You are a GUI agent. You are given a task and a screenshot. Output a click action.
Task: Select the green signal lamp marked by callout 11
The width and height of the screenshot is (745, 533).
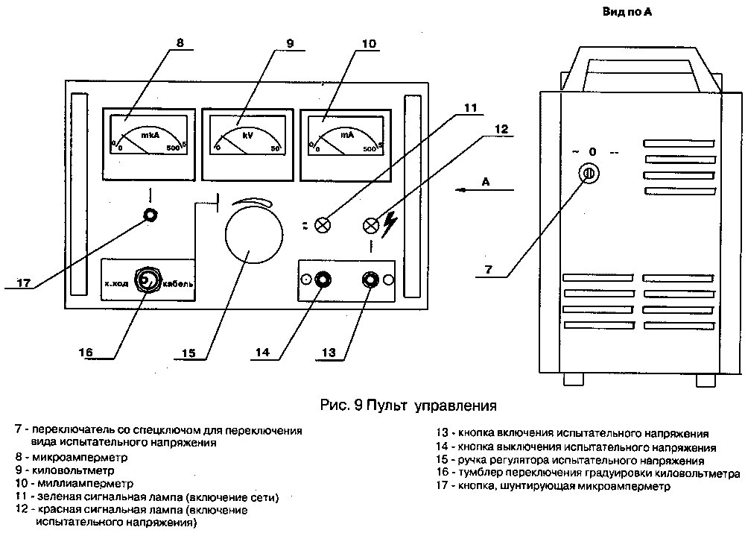coord(323,224)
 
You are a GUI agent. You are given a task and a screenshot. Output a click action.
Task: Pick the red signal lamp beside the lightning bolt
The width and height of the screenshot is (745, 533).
coord(370,224)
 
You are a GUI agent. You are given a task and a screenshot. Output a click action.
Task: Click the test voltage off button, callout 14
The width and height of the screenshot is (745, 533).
coord(324,280)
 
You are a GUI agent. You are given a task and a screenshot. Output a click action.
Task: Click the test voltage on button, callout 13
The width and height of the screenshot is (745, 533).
coord(370,280)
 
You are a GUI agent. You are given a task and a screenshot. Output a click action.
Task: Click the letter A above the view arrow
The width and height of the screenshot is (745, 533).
coord(485,181)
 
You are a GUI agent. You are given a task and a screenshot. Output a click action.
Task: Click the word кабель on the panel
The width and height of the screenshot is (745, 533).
coord(179,284)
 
